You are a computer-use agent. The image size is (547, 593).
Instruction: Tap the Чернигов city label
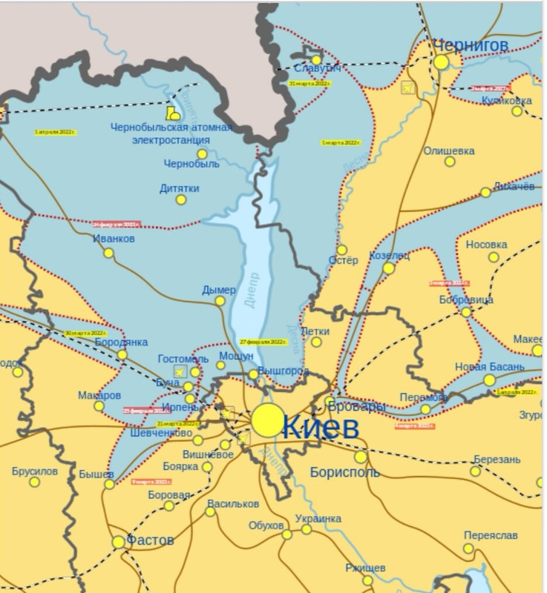pyautogui.click(x=471, y=46)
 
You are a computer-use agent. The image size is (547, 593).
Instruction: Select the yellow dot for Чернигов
pyautogui.click(x=442, y=62)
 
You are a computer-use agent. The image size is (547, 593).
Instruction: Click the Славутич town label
pyautogui.click(x=318, y=69)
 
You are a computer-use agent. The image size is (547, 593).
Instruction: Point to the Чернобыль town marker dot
pyautogui.click(x=201, y=154)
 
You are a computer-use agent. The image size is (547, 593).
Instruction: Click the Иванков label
pyautogui.click(x=114, y=239)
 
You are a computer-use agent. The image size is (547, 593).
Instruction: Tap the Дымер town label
pyautogui.click(x=219, y=290)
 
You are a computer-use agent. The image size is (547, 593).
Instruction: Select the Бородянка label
pyautogui.click(x=122, y=342)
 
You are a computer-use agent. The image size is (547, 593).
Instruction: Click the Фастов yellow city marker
pyautogui.click(x=118, y=543)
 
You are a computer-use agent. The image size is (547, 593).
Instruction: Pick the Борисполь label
pyautogui.click(x=345, y=471)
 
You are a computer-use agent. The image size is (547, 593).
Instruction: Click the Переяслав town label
pyautogui.click(x=490, y=535)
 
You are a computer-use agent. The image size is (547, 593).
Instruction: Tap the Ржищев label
pyautogui.click(x=365, y=568)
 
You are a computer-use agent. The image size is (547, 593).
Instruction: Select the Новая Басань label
pyautogui.click(x=490, y=367)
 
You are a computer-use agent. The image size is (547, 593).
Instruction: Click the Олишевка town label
pyautogui.click(x=449, y=150)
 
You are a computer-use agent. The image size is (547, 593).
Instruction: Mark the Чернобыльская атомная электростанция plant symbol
pyautogui.click(x=173, y=113)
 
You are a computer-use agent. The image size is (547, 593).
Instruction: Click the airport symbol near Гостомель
pyautogui.click(x=178, y=370)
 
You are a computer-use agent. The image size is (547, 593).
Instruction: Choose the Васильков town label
pyautogui.click(x=233, y=503)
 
